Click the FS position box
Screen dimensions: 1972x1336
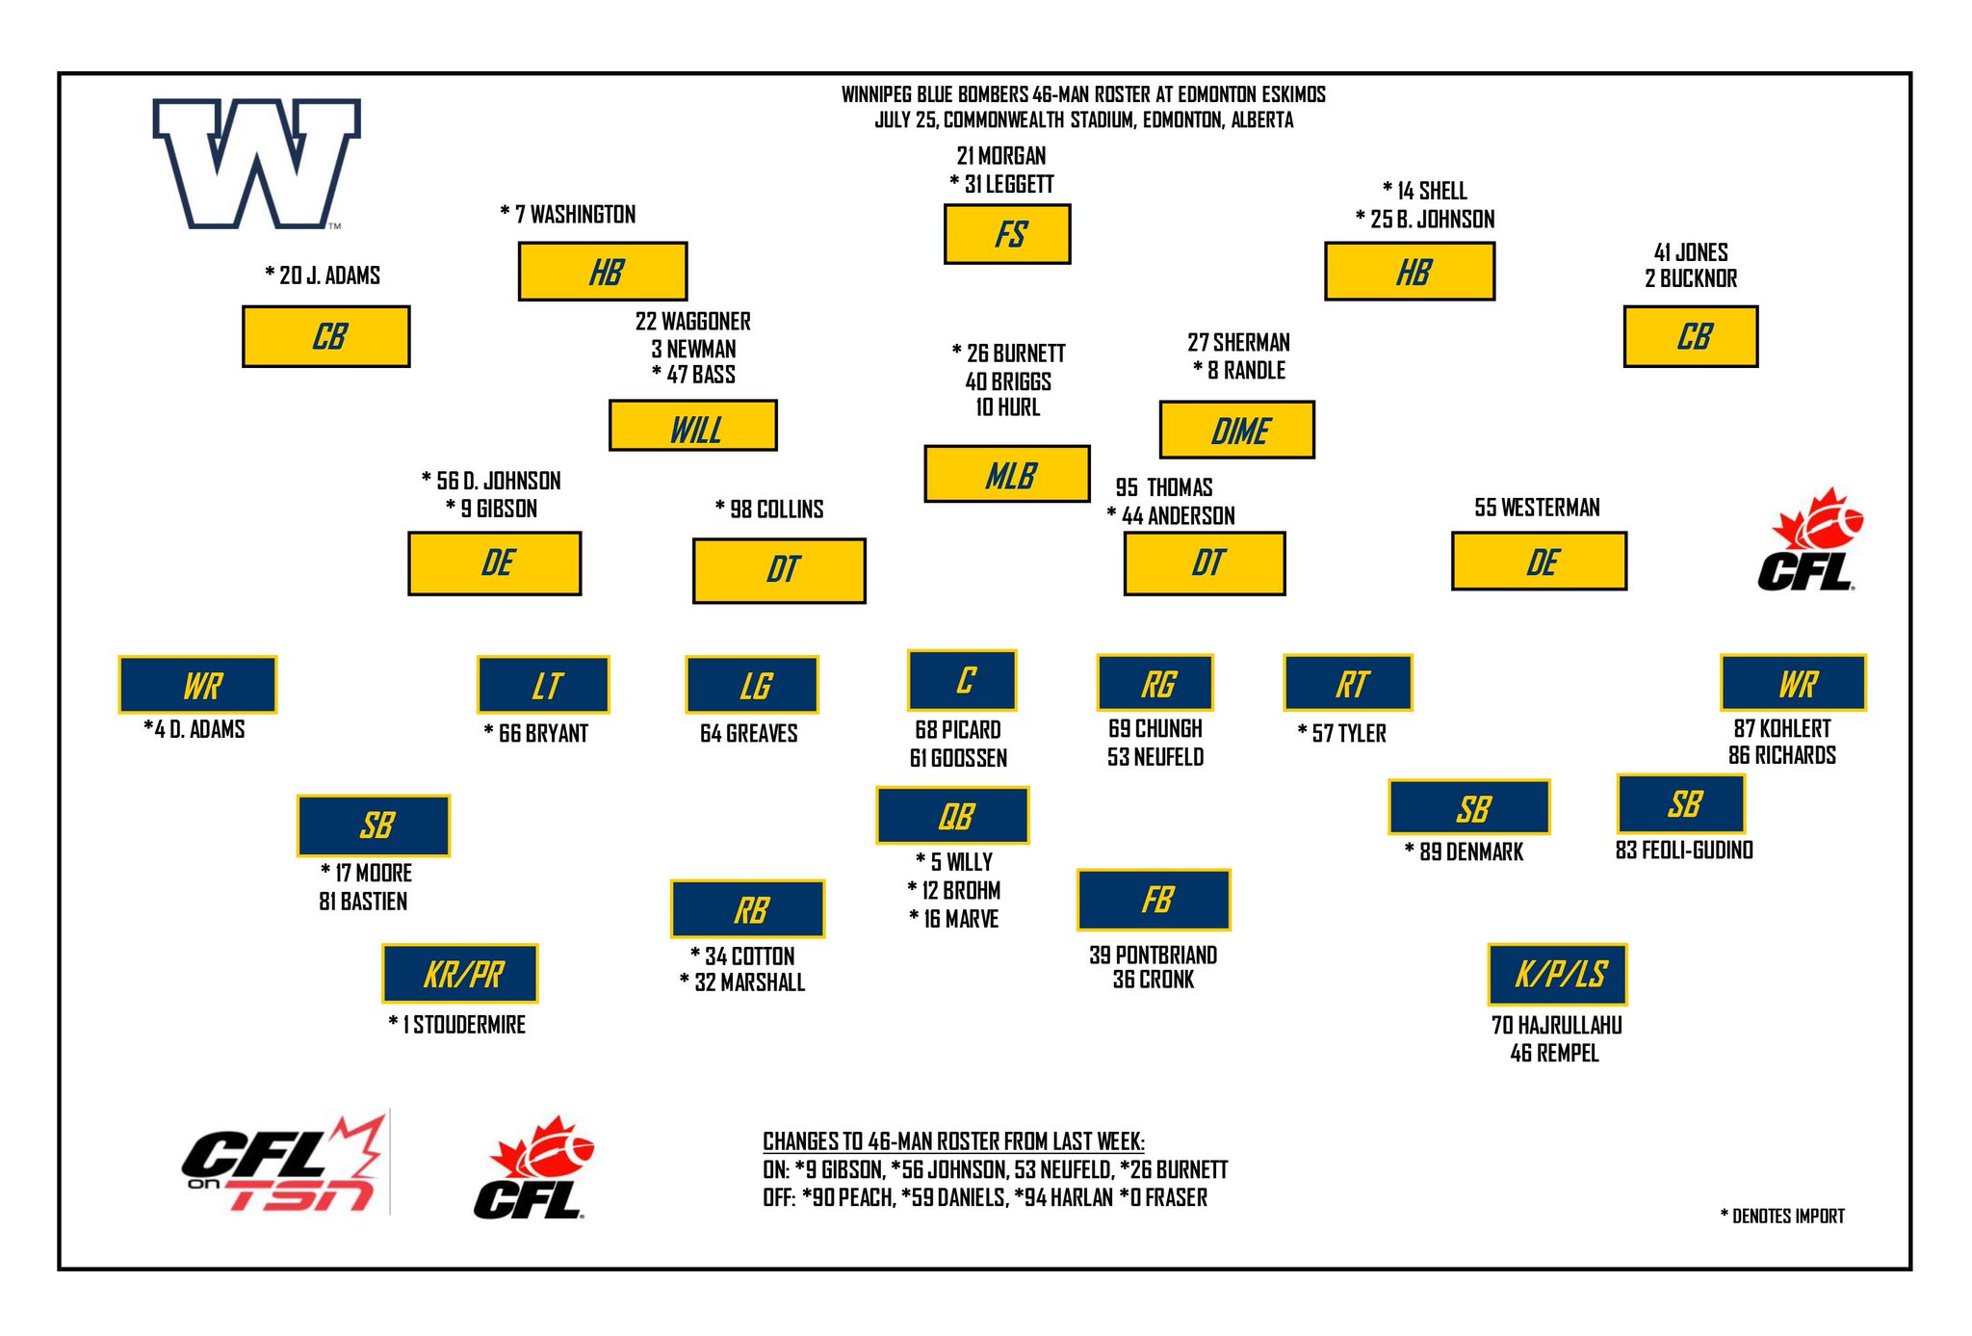click(1007, 234)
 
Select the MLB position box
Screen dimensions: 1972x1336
click(1007, 474)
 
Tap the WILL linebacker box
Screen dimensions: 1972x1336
click(693, 426)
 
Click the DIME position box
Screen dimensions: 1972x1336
click(1237, 430)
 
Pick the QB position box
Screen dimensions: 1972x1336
click(953, 816)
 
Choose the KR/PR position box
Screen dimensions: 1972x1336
click(460, 974)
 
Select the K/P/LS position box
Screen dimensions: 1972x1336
click(1558, 974)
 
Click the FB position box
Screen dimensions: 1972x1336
click(1154, 900)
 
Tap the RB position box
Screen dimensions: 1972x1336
click(748, 909)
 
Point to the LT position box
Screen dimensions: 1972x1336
click(544, 685)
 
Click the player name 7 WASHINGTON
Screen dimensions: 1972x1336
click(575, 215)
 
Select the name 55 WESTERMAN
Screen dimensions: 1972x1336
click(1537, 508)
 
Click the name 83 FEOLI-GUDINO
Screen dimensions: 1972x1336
click(1684, 851)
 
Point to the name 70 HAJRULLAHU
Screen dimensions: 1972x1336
click(1556, 1026)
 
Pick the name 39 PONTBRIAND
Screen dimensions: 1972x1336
click(1153, 956)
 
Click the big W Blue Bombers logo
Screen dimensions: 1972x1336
click(256, 163)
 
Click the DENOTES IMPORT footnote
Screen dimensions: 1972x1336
click(1782, 1217)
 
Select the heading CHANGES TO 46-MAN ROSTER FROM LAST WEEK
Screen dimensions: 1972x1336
click(953, 1141)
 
